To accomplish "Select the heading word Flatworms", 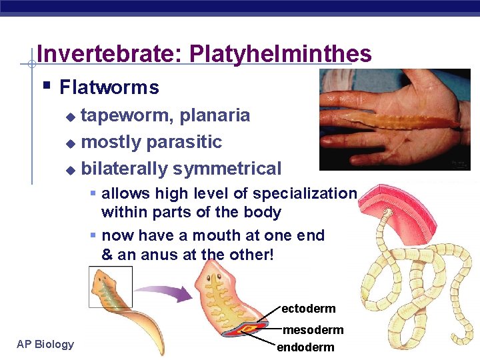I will [x=109, y=87].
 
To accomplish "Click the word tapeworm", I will [x=127, y=115].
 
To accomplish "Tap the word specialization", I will [x=305, y=194].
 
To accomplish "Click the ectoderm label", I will [x=308, y=309].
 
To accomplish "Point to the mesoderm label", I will [x=313, y=330].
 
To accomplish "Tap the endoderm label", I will [x=305, y=347].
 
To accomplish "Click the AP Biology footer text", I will [x=45, y=344].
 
